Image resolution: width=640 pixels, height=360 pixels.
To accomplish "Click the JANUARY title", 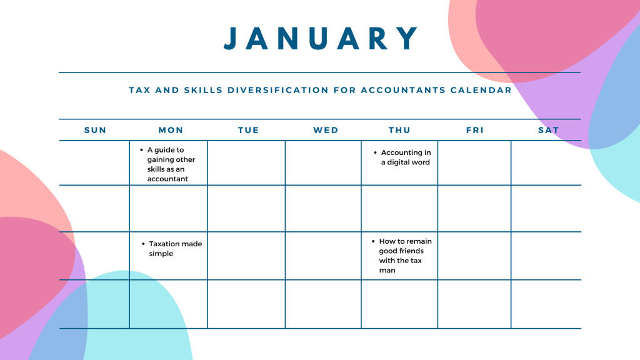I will click(x=322, y=39).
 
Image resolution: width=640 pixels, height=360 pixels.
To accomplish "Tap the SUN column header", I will click(x=95, y=130).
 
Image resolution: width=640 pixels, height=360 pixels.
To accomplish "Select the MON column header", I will click(x=171, y=130).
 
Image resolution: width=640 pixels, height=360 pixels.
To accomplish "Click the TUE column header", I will click(x=248, y=130).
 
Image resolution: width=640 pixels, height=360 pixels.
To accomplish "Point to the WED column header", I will click(x=326, y=130).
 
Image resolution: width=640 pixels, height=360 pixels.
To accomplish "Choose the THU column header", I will click(x=399, y=130).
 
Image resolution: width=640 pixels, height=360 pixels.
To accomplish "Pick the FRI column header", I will click(x=475, y=130).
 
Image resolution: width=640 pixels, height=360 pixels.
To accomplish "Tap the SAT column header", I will click(x=548, y=130).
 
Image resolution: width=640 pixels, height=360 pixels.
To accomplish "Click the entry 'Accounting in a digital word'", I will click(x=406, y=157).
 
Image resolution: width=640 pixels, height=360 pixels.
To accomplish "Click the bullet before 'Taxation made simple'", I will click(x=144, y=244).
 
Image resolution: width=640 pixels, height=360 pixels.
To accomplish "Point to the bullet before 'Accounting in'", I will click(x=375, y=153).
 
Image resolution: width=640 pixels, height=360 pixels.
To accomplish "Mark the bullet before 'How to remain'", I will click(x=373, y=241).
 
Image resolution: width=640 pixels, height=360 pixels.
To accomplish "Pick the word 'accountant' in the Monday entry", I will click(x=167, y=179).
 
